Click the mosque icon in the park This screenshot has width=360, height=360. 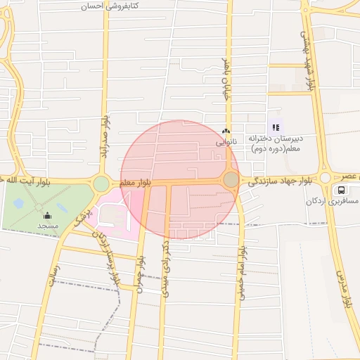click(48, 216)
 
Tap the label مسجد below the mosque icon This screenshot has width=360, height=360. click(48, 226)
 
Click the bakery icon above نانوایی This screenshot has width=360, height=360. click(226, 131)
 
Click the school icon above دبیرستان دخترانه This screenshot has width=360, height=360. click(276, 127)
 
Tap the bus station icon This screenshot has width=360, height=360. click(341, 190)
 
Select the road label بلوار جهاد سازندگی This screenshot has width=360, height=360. click(279, 181)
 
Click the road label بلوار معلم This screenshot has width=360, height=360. click(135, 183)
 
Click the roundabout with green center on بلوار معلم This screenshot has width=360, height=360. click(101, 184)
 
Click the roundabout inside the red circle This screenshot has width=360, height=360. click(231, 180)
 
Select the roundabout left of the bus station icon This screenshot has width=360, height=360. click(326, 177)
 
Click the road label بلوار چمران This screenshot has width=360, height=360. click(141, 274)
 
